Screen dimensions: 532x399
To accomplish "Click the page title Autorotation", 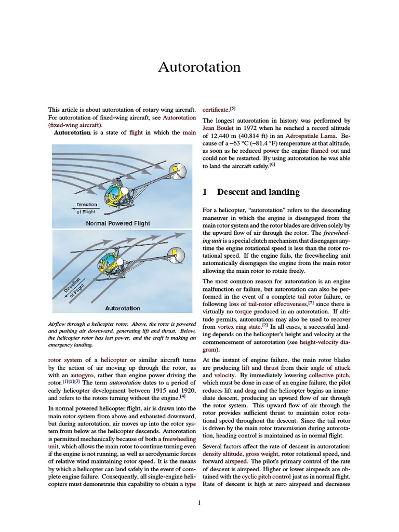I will coord(199,67).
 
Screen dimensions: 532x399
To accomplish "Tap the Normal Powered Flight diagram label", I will coord(118,223).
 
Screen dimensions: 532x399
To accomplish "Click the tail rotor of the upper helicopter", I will coord(176,170).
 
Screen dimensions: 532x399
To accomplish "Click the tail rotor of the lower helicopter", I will coord(177,256).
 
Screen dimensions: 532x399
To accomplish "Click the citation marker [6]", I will coord(272,165).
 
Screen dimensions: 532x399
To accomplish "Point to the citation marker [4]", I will coord(182,397).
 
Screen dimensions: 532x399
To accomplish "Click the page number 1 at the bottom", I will coord(199,503).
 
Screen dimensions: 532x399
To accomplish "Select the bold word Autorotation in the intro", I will coord(73,132).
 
